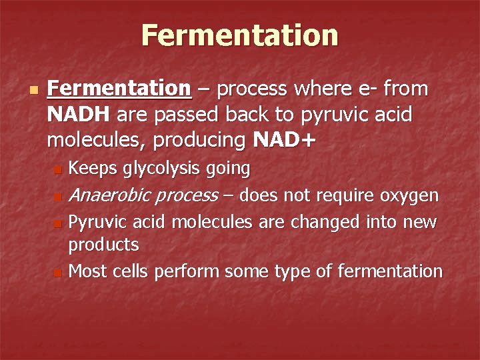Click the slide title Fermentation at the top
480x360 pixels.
239,35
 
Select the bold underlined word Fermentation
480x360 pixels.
120,89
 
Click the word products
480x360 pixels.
104,245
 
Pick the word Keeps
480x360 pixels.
93,169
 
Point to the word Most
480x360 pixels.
89,271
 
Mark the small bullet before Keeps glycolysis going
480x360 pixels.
58,171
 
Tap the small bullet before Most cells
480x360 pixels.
58,273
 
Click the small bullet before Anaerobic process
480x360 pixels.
58,197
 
